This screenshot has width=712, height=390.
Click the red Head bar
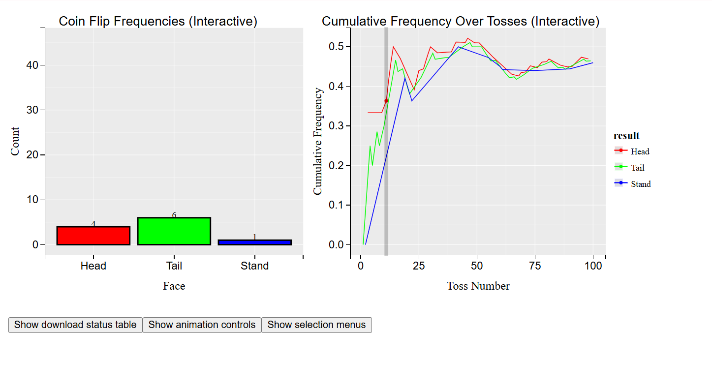[93, 236]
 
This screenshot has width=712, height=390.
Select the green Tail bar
[174, 231]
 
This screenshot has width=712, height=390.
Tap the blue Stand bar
[254, 242]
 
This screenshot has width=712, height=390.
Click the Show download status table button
[75, 325]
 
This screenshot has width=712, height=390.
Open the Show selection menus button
[316, 325]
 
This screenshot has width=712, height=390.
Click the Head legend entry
[640, 151]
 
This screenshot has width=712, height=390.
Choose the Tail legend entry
[637, 168]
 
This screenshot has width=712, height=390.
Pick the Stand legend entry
[640, 184]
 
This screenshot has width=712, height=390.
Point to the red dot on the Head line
[386, 101]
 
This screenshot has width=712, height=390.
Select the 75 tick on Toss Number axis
[535, 266]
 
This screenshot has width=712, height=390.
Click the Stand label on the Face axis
[254, 266]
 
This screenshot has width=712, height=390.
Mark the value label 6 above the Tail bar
[174, 215]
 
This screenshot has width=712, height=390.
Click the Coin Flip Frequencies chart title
[158, 22]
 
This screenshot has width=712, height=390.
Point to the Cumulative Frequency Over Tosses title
[461, 22]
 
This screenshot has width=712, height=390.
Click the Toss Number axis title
[478, 286]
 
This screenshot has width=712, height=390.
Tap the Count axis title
[15, 142]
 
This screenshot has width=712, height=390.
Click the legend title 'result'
[626, 136]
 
